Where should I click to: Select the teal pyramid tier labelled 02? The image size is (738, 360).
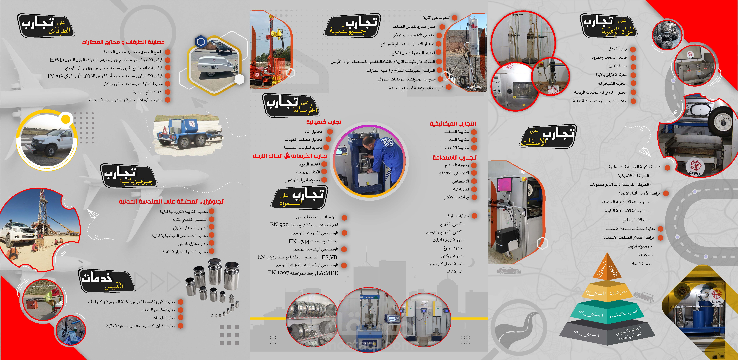click(607, 312)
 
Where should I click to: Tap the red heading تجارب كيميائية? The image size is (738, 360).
click(324, 122)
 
